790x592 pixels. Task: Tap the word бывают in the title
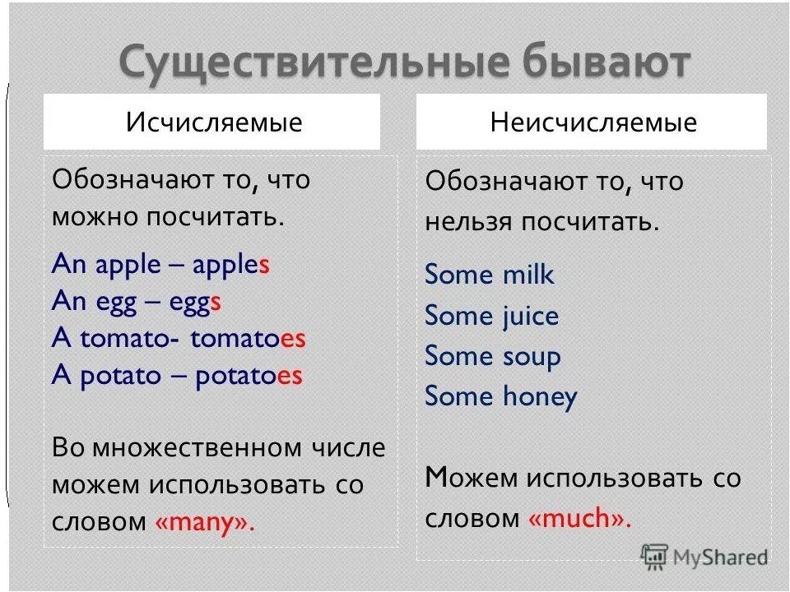click(x=606, y=62)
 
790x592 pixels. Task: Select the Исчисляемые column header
click(x=214, y=123)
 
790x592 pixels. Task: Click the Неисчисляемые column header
click(x=593, y=123)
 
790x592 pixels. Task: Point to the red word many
click(x=205, y=523)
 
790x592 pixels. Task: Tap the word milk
click(x=528, y=275)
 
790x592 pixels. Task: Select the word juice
click(x=531, y=317)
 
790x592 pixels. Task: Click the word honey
click(x=540, y=396)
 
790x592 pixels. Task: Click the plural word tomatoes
click(x=248, y=338)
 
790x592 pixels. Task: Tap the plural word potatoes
click(x=249, y=376)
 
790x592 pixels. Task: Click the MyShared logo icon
click(x=654, y=557)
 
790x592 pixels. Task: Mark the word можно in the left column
click(x=95, y=217)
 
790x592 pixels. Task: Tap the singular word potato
click(x=120, y=377)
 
